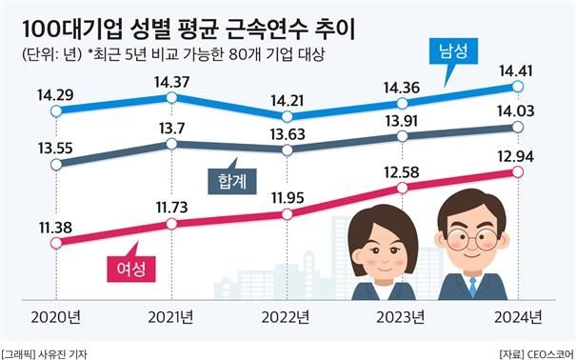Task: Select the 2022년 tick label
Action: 287,317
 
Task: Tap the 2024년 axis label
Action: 519,317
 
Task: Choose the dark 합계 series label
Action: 227,178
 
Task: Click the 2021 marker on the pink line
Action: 172,224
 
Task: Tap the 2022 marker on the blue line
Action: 288,115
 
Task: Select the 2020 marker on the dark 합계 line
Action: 56,164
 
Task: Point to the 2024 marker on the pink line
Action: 518,171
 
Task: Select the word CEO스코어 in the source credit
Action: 542,352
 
